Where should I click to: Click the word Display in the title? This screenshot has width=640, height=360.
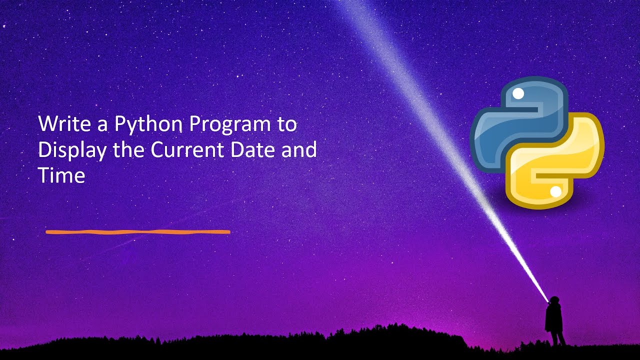click(x=71, y=150)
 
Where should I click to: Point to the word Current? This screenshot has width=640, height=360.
click(x=178, y=150)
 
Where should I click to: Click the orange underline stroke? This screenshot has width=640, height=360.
click(x=137, y=232)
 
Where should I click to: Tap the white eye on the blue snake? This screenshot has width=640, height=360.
click(x=518, y=93)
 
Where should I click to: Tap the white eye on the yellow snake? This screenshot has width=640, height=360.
click(x=555, y=191)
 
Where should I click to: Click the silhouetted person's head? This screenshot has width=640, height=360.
click(x=553, y=300)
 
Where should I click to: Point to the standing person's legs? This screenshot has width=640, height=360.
click(x=556, y=338)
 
